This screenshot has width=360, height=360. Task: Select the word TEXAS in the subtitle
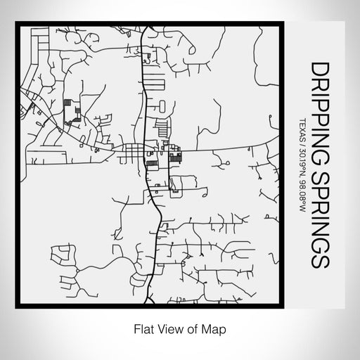[302, 129]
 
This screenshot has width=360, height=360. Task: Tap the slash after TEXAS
[302, 144]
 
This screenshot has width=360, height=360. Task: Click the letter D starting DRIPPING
[319, 67]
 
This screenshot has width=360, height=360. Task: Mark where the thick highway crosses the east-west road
[145, 150]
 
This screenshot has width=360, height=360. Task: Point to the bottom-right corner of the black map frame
[284, 307]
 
